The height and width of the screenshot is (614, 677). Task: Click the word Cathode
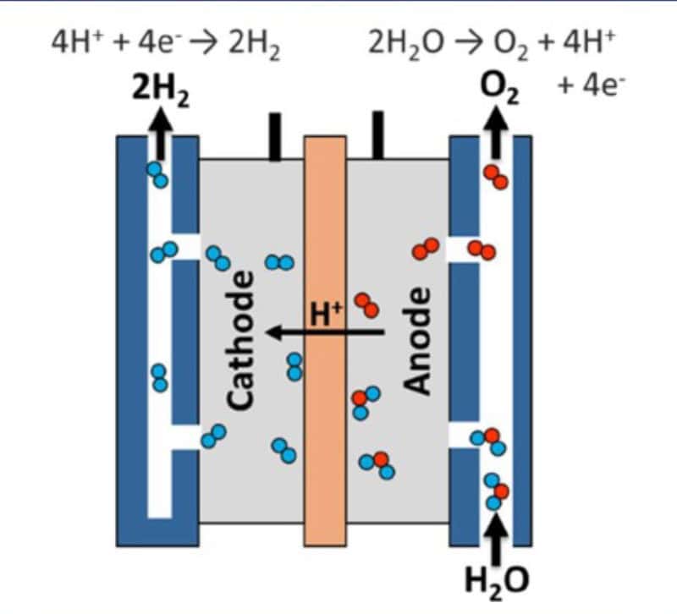point(240,340)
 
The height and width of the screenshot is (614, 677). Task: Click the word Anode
point(416,341)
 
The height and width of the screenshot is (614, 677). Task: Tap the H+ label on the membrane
point(326,314)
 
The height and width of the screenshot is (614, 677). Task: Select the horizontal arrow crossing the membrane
point(325,332)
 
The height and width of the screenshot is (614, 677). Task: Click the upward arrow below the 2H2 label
point(161,133)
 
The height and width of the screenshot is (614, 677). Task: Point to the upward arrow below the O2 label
point(496,133)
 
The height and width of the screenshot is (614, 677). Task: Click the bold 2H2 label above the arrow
point(161,91)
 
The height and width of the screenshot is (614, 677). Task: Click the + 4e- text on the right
point(591,85)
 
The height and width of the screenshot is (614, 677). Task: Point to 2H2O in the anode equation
point(406,44)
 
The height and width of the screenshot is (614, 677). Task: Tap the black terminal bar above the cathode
point(275,137)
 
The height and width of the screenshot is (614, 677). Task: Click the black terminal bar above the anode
point(377,135)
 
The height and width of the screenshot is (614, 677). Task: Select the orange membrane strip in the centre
point(325,341)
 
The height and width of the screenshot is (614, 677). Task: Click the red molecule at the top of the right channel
point(496,177)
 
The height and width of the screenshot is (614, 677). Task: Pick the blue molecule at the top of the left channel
point(157,175)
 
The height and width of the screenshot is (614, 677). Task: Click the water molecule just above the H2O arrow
point(496,491)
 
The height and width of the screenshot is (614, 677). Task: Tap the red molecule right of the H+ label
point(367,305)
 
